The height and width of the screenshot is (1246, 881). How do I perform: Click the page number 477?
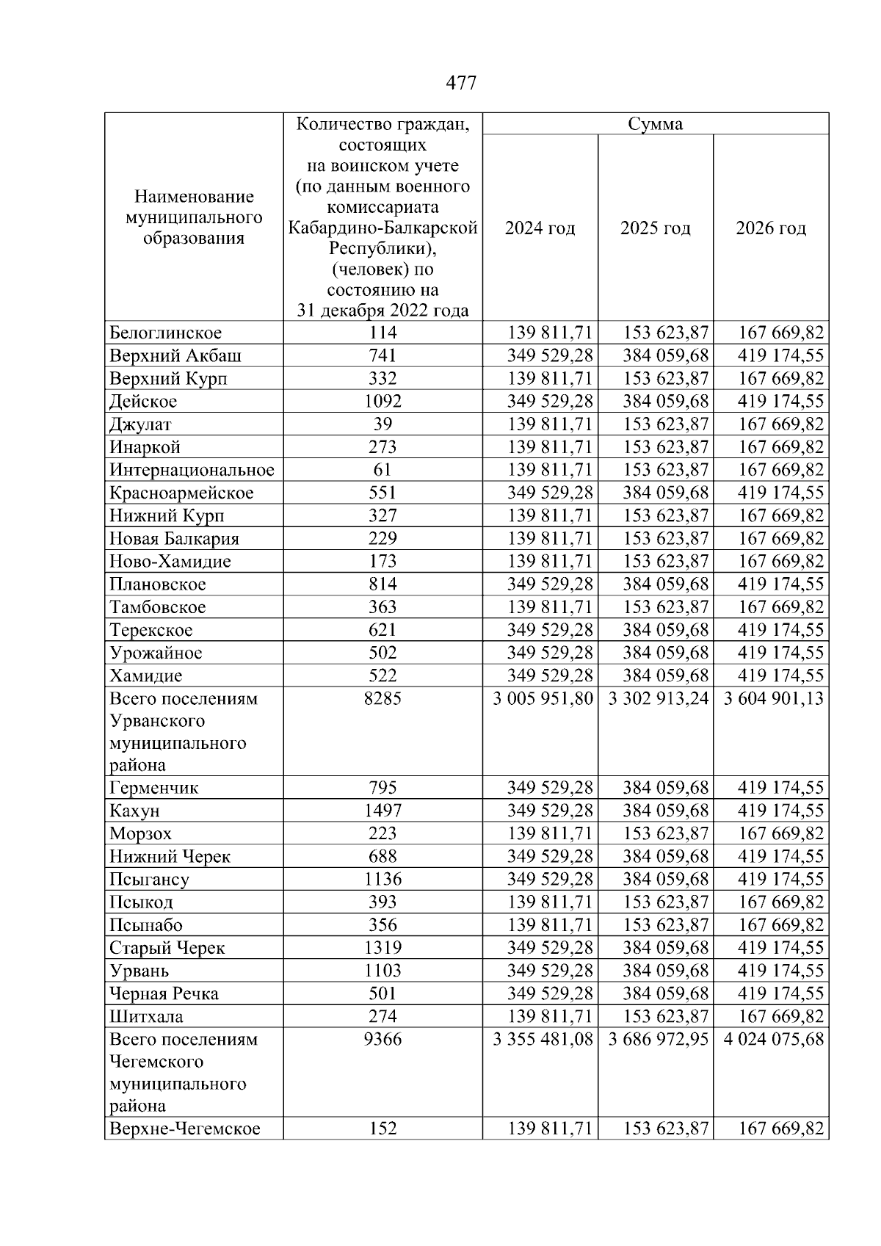coord(461,83)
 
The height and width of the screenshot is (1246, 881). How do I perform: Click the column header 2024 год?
coord(540,228)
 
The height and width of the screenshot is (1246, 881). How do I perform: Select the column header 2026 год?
coord(771,228)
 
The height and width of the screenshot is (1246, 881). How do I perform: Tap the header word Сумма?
coord(656,124)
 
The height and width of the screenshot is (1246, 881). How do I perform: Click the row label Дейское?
coord(143,402)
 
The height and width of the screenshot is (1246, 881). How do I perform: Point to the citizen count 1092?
coord(383,402)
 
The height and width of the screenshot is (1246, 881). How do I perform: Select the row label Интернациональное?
coord(192,470)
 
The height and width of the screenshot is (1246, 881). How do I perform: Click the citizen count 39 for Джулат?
coord(383,424)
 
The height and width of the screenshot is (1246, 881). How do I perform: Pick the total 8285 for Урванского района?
coord(383,698)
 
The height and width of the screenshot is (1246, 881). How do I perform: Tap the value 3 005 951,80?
coord(543,698)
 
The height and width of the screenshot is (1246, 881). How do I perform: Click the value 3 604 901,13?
coord(774,698)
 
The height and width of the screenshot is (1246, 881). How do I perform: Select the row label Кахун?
coord(134,811)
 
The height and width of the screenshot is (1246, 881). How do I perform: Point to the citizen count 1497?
coord(383,811)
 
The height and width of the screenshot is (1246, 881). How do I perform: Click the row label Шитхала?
coord(146,1017)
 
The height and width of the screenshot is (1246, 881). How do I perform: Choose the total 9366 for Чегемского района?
coord(383,1040)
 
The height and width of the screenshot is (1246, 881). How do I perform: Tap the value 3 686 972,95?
coord(659,1040)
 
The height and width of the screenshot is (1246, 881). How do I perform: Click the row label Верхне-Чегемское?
coord(184,1129)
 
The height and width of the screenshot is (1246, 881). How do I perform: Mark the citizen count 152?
coord(383,1129)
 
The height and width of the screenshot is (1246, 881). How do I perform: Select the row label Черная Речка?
coord(164,994)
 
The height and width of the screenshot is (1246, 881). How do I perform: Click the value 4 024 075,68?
coord(774,1040)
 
